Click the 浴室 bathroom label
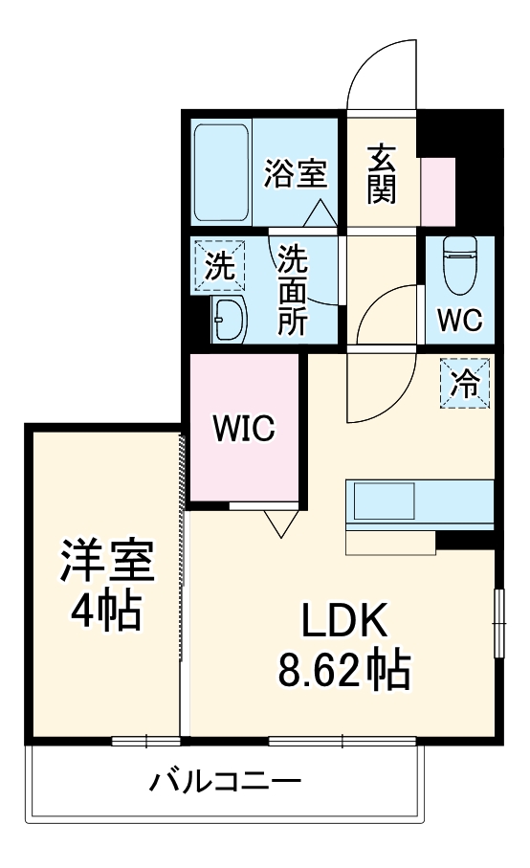tap(296, 174)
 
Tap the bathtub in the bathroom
tap(222, 172)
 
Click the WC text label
tap(460, 318)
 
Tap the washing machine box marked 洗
tap(221, 266)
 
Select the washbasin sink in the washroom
tap(229, 318)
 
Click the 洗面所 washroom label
tap(293, 289)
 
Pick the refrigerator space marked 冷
tap(466, 384)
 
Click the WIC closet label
tap(244, 429)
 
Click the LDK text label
tap(343, 623)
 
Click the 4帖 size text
tap(106, 611)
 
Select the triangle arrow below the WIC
tap(279, 523)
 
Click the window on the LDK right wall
tap(497, 623)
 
